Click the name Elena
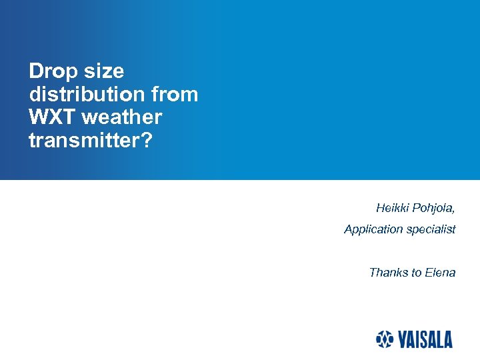pyautogui.click(x=440, y=272)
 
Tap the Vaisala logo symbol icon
pyautogui.click(x=385, y=339)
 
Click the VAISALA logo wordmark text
pyautogui.click(x=425, y=340)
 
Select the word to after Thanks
pyautogui.click(x=417, y=272)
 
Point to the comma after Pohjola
pyautogui.click(x=454, y=211)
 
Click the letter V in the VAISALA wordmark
pyautogui.click(x=403, y=340)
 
